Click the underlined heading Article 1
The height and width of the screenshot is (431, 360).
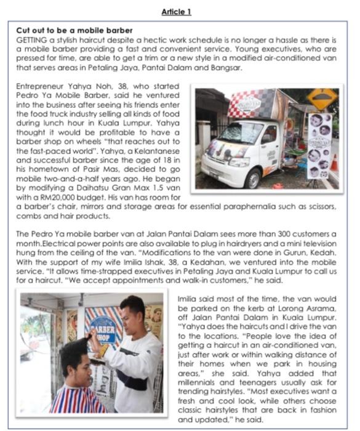tap(180, 12)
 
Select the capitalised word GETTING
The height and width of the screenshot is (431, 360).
tap(31, 38)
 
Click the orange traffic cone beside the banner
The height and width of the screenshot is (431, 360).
tap(334, 162)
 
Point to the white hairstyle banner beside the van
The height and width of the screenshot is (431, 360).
tap(318, 145)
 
